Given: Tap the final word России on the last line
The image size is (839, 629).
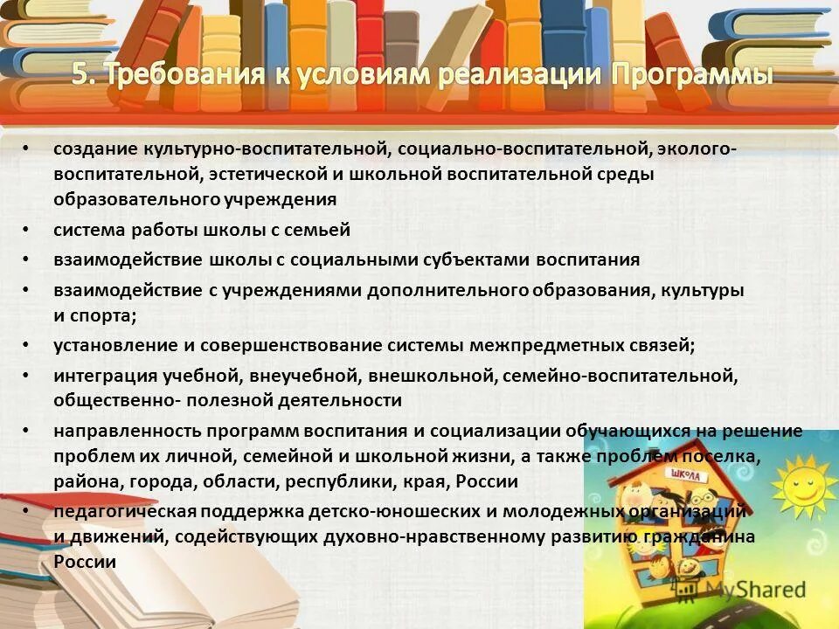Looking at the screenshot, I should [x=85, y=562].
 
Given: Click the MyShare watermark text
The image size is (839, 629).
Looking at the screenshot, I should [x=755, y=590].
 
